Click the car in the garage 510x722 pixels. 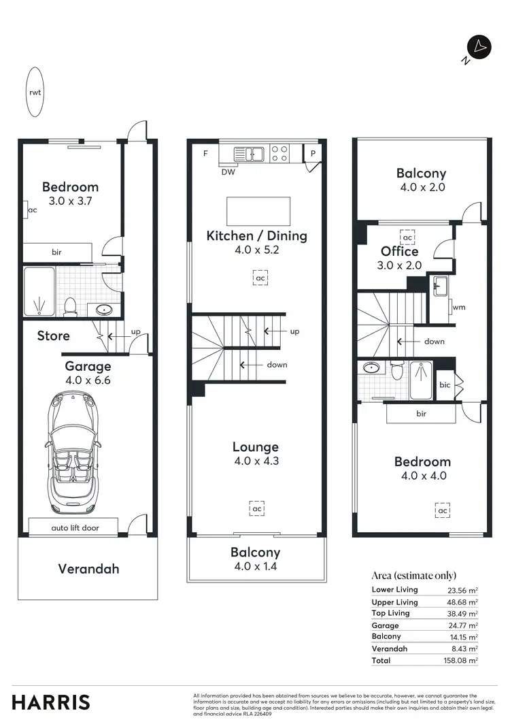[74, 454]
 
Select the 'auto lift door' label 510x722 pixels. [73, 527]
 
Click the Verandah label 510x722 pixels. [88, 568]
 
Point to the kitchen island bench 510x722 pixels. [258, 211]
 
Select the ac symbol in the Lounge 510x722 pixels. [257, 508]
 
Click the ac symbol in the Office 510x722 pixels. [407, 237]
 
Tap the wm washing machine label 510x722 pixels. [459, 308]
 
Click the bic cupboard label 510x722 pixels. [445, 385]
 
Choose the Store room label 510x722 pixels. [53, 335]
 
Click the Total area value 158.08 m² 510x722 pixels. [462, 660]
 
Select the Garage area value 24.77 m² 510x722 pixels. [462, 625]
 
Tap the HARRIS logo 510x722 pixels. [51, 702]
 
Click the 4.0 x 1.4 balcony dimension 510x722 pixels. [255, 566]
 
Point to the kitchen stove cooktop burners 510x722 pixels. [279, 153]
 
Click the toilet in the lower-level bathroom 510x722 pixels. [69, 307]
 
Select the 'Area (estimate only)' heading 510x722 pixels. [413, 576]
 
